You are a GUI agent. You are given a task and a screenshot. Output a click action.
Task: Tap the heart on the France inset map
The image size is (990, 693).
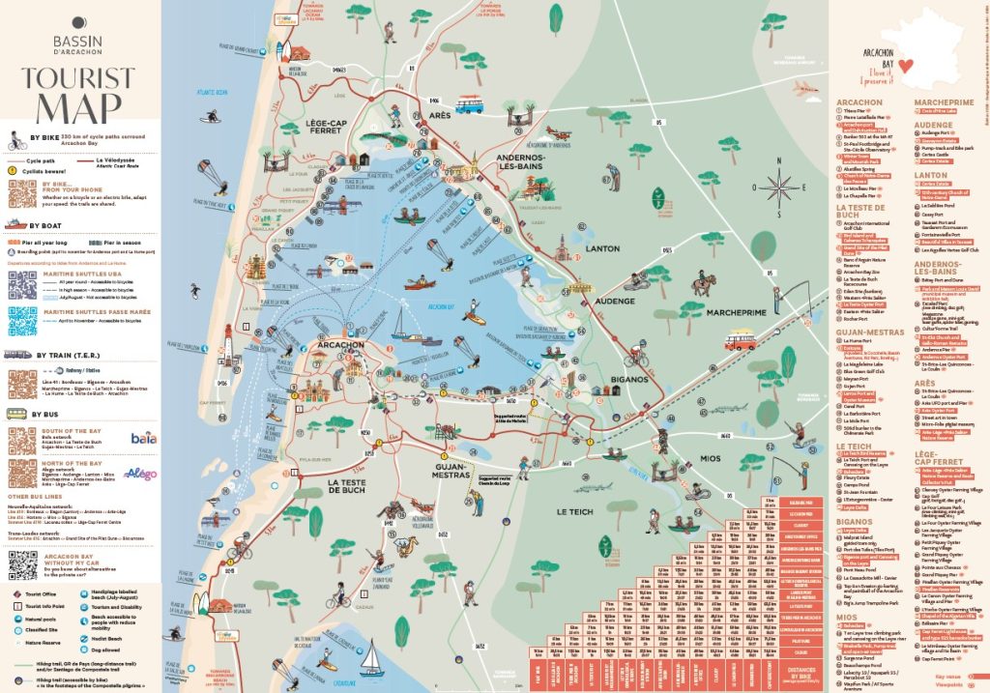(905, 66)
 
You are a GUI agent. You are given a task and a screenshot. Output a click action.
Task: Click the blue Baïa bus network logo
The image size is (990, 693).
(143, 439)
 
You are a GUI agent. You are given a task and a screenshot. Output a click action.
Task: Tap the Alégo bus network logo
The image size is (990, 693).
(141, 474)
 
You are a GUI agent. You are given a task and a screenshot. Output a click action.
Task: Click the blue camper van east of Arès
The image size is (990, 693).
(470, 103)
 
